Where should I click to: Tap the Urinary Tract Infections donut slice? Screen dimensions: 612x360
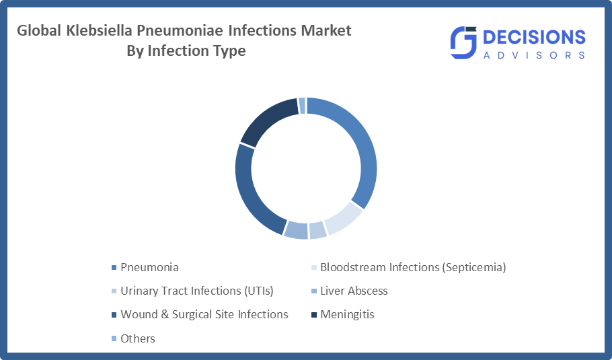[317, 230]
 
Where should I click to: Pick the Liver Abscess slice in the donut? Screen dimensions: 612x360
[295, 229]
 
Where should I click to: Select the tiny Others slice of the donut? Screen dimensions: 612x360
[302, 106]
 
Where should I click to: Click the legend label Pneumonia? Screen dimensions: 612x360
[149, 267]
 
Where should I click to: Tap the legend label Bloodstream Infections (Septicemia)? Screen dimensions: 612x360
[413, 267]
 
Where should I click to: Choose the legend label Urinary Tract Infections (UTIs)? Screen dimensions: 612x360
[196, 291]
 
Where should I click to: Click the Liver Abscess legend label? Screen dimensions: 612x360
[354, 291]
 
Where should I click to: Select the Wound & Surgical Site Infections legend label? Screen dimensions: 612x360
[204, 314]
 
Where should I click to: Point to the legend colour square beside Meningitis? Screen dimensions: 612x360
[314, 315]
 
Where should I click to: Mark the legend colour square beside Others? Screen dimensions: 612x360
[114, 338]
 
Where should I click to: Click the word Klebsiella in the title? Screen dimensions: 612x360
[99, 30]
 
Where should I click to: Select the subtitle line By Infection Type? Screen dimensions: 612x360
[186, 50]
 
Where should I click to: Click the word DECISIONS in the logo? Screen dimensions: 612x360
[534, 38]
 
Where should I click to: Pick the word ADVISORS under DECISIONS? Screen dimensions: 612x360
[534, 55]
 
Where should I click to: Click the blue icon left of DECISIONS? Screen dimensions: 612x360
[463, 42]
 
